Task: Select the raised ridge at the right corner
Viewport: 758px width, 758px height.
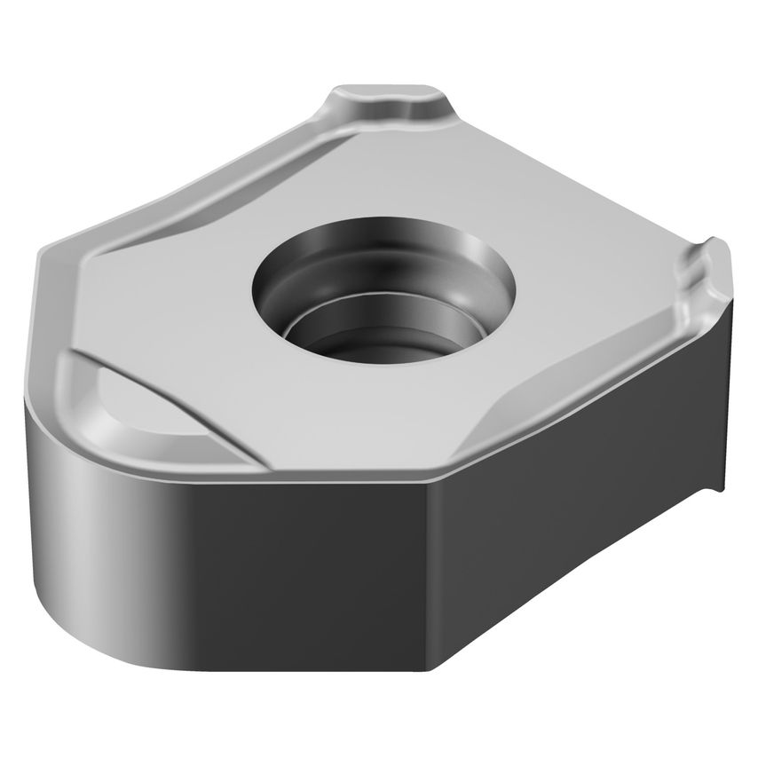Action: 707,270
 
